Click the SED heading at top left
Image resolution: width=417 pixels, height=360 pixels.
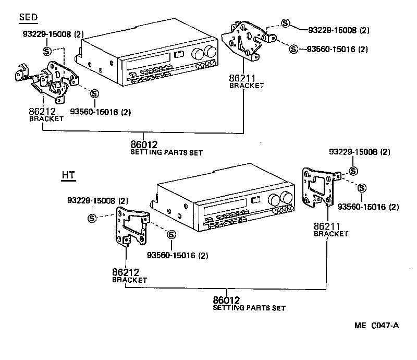click(x=28, y=17)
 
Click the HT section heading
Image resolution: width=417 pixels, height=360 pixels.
click(x=68, y=175)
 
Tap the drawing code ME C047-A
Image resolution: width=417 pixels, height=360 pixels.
click(x=376, y=326)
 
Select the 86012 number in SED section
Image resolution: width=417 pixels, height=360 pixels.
click(x=144, y=145)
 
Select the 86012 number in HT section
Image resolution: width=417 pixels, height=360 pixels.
click(x=226, y=301)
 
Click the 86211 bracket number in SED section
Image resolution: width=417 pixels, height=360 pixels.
click(x=242, y=79)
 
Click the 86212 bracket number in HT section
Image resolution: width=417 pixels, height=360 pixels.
click(x=126, y=272)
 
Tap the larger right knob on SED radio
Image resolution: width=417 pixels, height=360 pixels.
click(x=210, y=52)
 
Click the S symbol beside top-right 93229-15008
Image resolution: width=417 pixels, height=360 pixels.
click(x=285, y=23)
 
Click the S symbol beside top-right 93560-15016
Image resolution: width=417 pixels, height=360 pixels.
click(x=293, y=49)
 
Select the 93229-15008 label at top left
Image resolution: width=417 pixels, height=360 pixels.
click(x=53, y=34)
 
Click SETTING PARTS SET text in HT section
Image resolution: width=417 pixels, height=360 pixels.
click(x=249, y=308)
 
